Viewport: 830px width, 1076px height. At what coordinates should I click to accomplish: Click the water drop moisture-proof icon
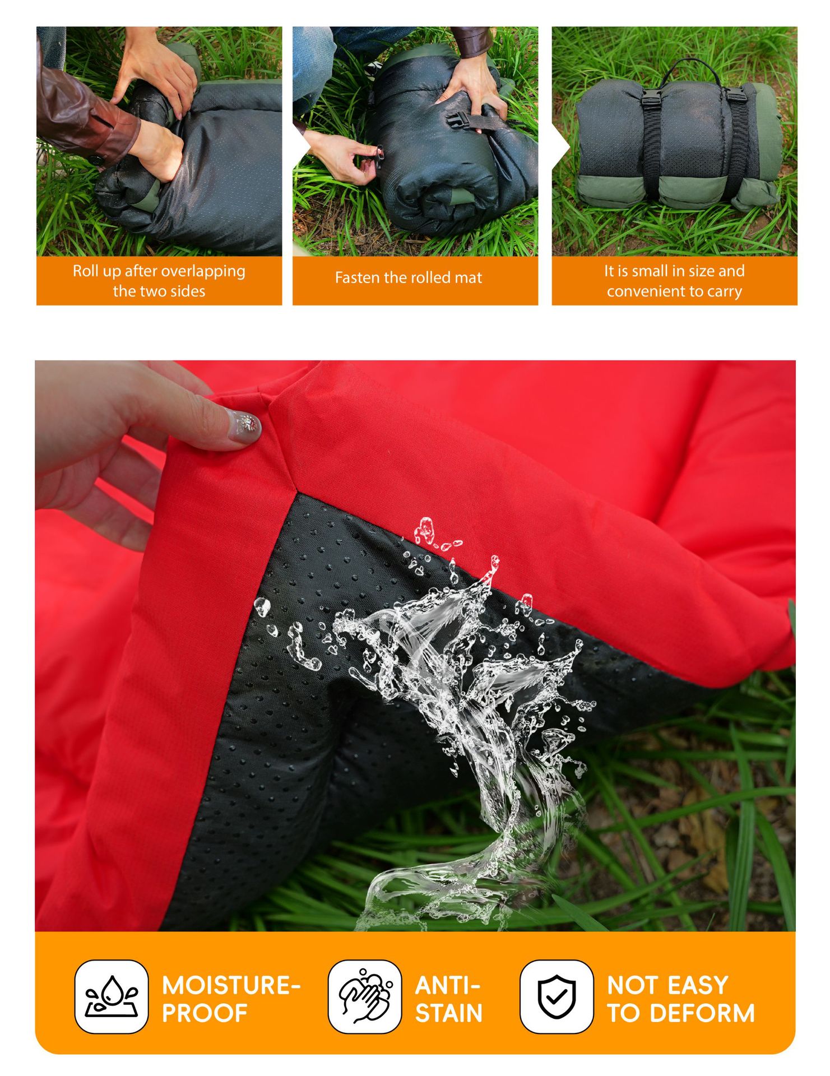pyautogui.click(x=112, y=996)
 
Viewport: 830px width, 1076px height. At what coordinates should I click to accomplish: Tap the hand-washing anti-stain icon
pyautogui.click(x=365, y=996)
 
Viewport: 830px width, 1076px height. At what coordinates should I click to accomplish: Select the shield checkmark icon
pyautogui.click(x=556, y=996)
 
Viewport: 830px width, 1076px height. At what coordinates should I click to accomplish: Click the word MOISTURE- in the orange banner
pyautogui.click(x=231, y=985)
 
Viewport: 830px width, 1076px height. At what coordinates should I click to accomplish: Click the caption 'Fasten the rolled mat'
pyautogui.click(x=409, y=278)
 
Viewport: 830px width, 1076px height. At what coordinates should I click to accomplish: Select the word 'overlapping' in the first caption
pyautogui.click(x=203, y=271)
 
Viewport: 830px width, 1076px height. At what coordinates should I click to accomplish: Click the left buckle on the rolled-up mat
pyautogui.click(x=651, y=99)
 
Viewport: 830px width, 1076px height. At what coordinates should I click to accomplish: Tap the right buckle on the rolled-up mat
pyautogui.click(x=735, y=94)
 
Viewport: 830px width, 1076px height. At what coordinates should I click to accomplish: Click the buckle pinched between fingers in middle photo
pyautogui.click(x=378, y=157)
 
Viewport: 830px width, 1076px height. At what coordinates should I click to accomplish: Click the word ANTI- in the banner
pyautogui.click(x=447, y=985)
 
